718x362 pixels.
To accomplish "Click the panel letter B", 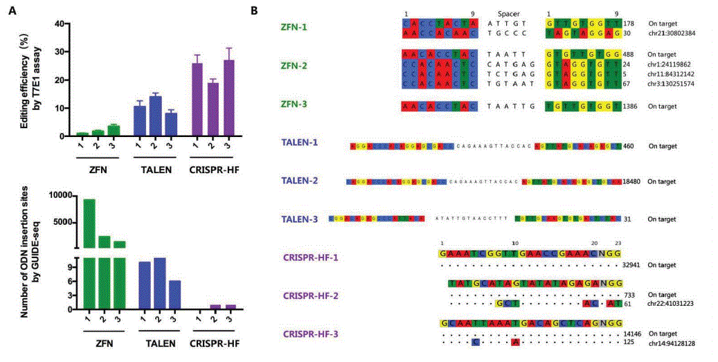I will (254, 10).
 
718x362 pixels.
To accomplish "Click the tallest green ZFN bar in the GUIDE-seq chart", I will (89, 223).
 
